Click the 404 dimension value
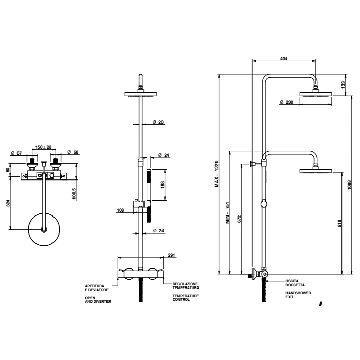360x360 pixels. (x=284, y=58)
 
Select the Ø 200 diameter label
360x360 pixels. (x=286, y=102)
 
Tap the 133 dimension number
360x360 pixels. (x=343, y=85)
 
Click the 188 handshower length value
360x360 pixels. (x=163, y=184)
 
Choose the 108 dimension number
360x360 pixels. (x=121, y=210)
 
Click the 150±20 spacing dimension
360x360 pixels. (x=43, y=148)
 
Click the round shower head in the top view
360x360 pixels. (x=43, y=229)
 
